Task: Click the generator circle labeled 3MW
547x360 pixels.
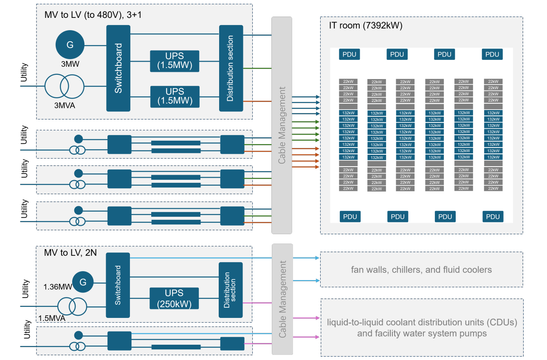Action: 70,45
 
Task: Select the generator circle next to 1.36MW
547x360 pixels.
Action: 83,282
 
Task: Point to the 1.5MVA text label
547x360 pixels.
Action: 53,318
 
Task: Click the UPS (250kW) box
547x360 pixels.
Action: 174,298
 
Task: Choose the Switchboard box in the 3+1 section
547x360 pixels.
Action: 118,68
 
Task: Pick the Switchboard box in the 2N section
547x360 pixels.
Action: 118,285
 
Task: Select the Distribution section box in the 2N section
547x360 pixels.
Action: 231,290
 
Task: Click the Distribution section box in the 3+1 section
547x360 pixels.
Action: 231,68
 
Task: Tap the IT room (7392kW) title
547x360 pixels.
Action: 366,25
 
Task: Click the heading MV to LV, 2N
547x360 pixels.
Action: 70,252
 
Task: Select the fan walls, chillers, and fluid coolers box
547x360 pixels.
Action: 421,269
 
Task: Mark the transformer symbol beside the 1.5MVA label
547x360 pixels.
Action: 72,306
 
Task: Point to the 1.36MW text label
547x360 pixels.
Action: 58,287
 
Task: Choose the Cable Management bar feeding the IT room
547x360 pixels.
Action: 282,125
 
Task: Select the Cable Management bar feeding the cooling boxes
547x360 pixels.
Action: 282,299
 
